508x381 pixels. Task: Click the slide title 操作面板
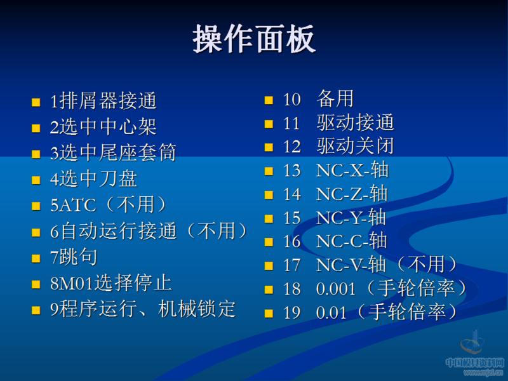point(254,39)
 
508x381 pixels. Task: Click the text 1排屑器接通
point(103,101)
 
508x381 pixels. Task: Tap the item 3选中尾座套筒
point(113,153)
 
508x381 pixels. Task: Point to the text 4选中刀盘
point(93,179)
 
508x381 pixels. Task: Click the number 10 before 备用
point(291,100)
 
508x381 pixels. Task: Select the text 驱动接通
point(355,123)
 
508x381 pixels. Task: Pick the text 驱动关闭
point(355,146)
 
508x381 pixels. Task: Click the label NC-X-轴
point(352,170)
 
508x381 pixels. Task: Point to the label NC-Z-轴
point(352,194)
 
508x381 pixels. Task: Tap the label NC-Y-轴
point(352,218)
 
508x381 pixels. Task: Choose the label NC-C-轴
point(352,241)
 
